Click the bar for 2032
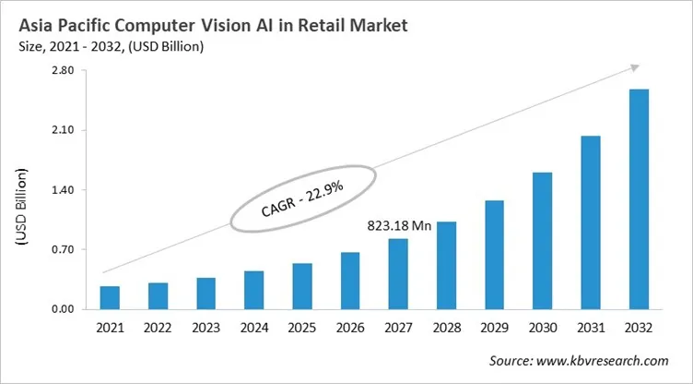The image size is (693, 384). (x=638, y=198)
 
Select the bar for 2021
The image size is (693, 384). (x=110, y=297)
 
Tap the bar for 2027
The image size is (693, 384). (x=397, y=273)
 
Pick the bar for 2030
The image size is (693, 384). (x=542, y=240)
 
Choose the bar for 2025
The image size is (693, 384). (x=301, y=286)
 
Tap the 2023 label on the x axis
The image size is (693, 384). (x=206, y=328)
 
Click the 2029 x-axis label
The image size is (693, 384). (x=494, y=328)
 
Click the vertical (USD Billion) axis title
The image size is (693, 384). (x=21, y=208)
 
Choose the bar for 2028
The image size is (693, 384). (x=446, y=265)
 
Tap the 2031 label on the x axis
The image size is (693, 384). (x=590, y=328)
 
